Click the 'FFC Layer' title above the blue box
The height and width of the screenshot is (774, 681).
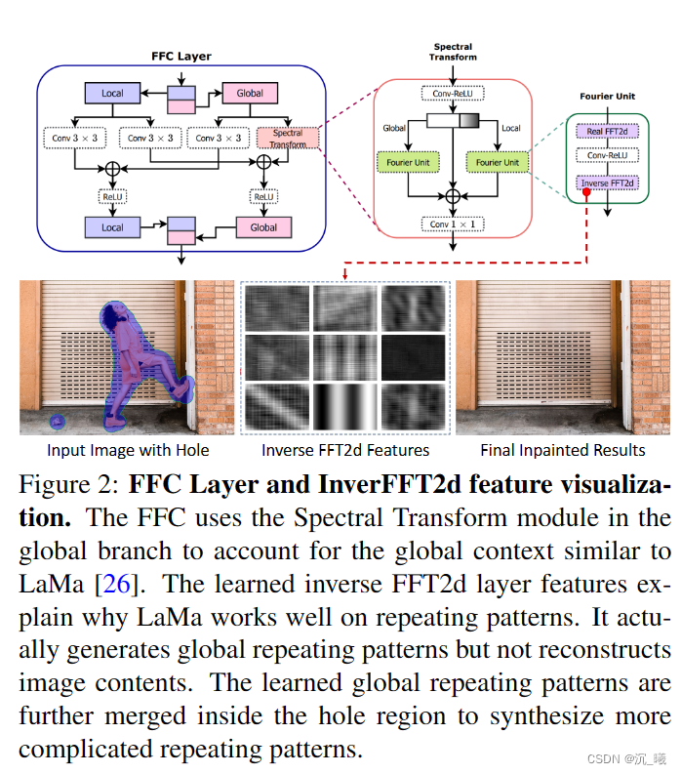tap(180, 57)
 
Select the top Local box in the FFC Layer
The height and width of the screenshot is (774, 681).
tap(112, 94)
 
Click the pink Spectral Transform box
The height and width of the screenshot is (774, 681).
tap(288, 138)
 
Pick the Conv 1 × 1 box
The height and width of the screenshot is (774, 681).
tap(452, 224)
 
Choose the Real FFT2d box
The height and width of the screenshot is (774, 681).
tap(608, 131)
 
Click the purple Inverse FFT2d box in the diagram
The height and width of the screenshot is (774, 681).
tap(608, 183)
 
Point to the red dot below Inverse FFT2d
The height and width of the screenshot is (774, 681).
tap(586, 193)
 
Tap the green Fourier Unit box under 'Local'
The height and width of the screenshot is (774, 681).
tap(498, 162)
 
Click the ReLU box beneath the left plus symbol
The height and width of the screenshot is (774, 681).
tap(113, 196)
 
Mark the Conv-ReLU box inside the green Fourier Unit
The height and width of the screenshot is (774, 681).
tap(608, 155)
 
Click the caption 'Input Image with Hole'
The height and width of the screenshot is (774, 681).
tap(128, 450)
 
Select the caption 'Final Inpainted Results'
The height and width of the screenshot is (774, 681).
tap(563, 450)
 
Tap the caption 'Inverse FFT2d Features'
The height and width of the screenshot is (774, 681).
tap(345, 450)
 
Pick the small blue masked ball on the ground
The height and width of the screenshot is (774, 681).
tap(57, 422)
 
